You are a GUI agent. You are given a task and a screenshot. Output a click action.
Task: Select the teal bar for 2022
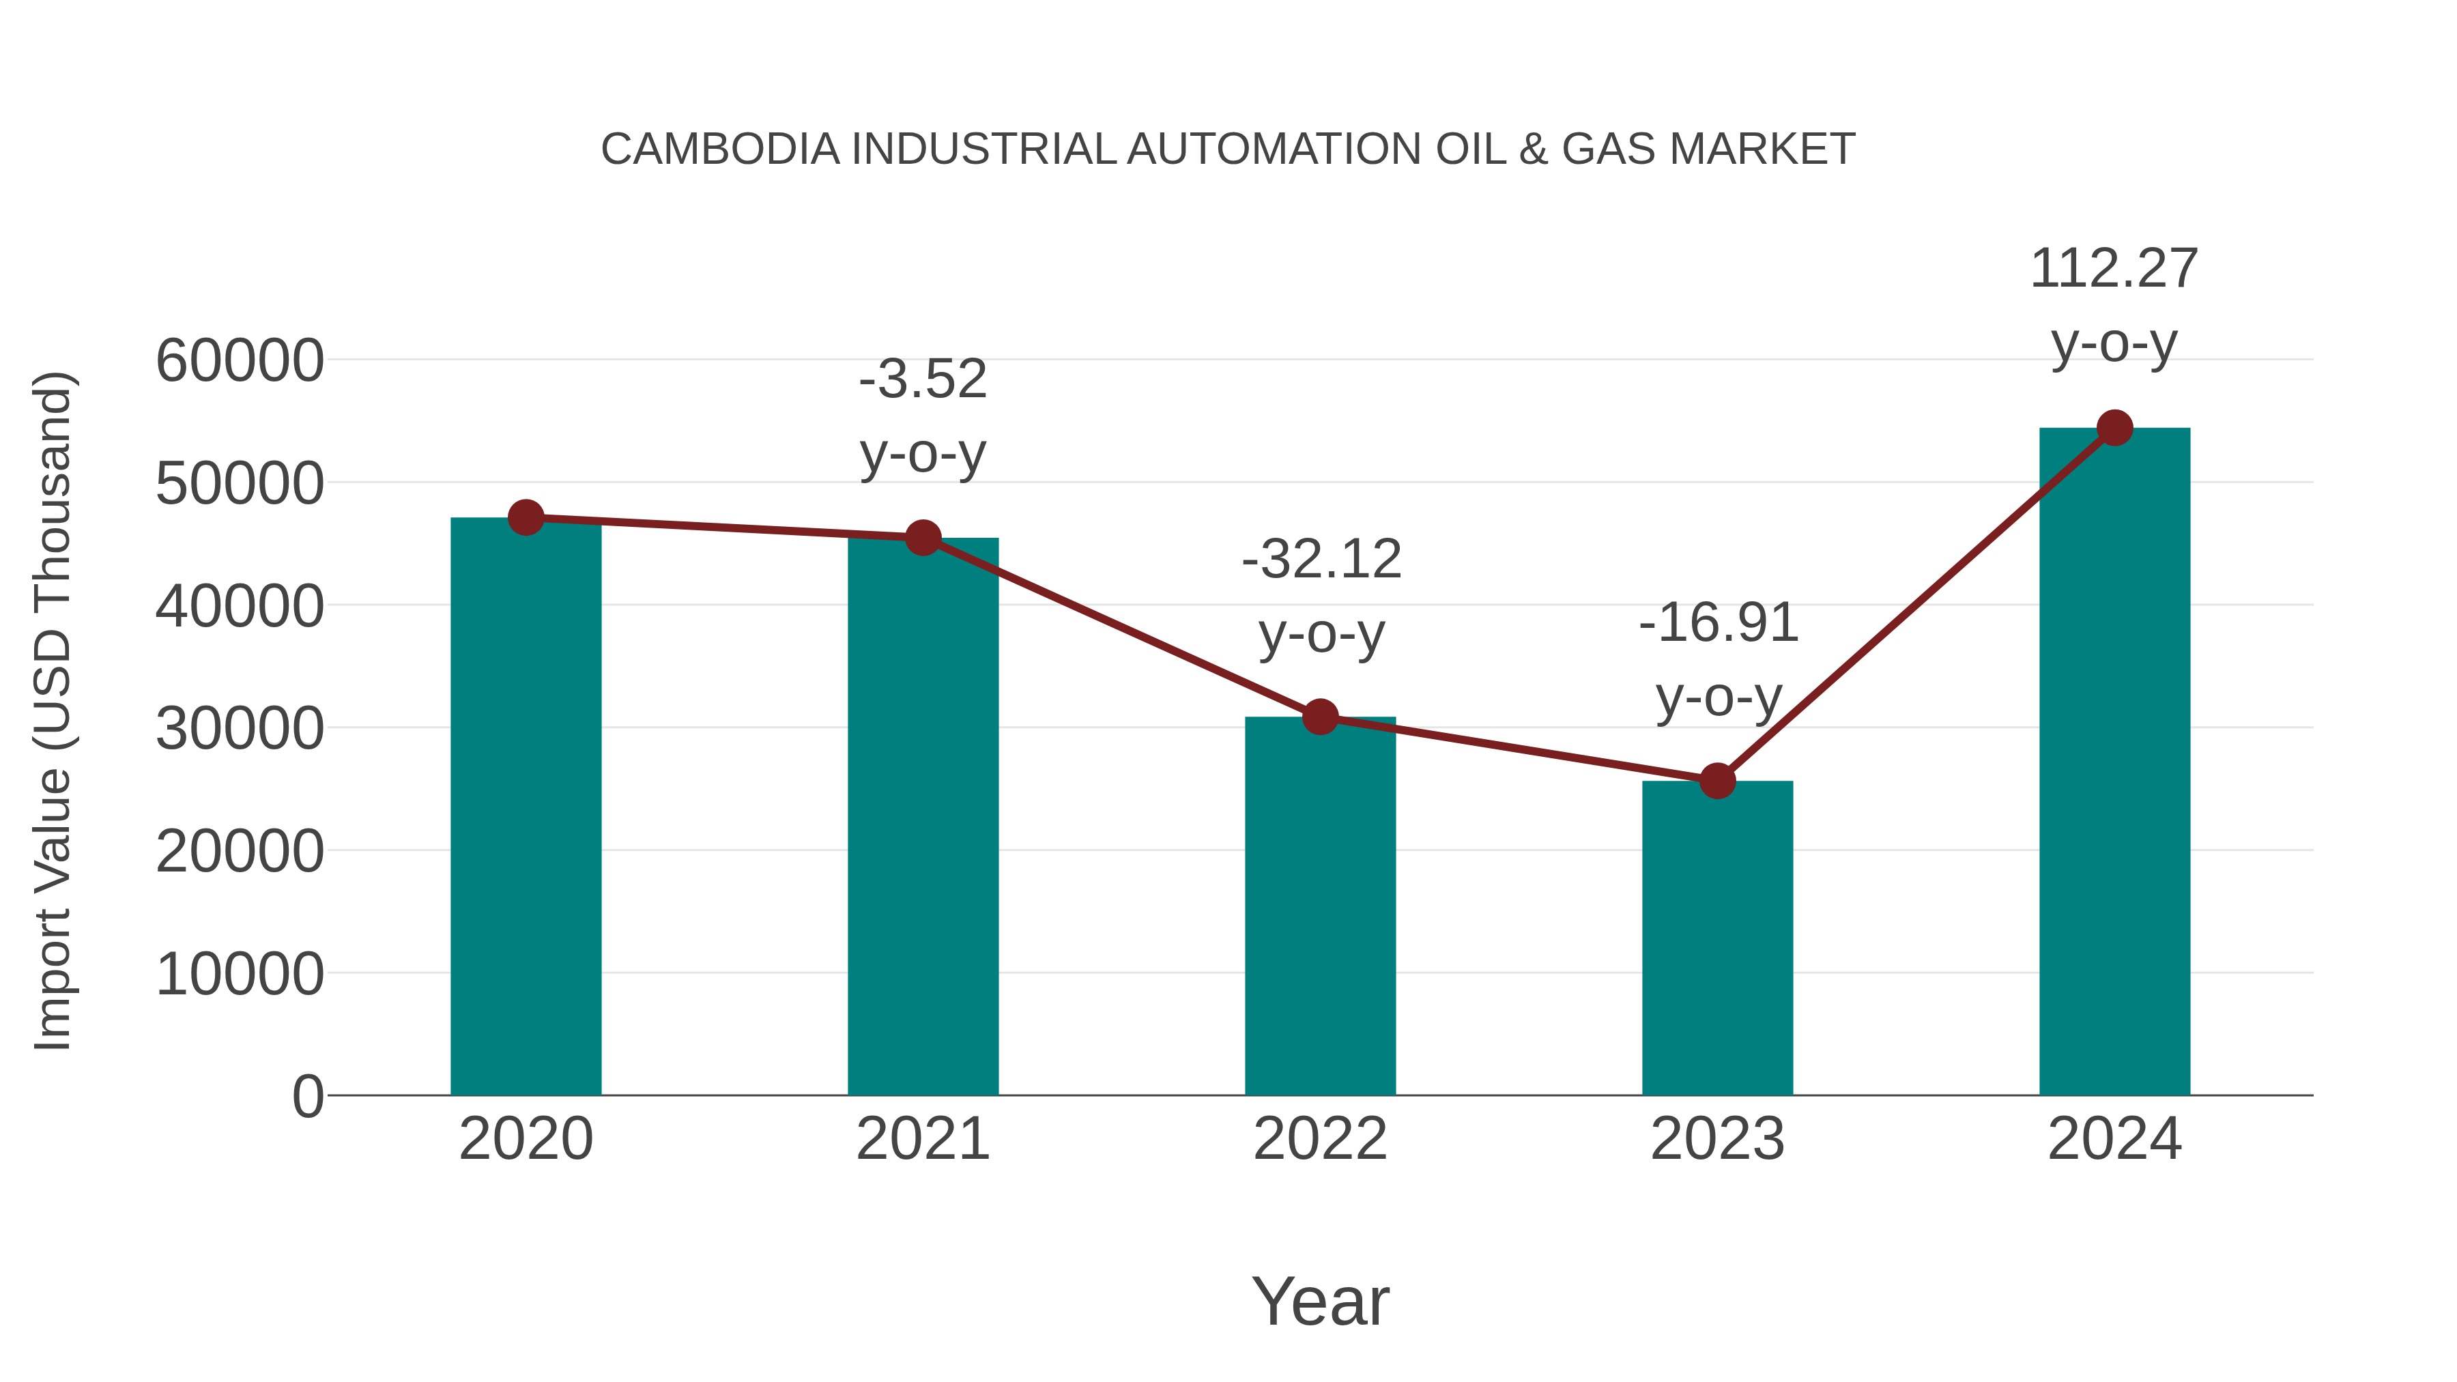(x=1320, y=906)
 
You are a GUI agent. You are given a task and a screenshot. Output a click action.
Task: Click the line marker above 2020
(x=526, y=518)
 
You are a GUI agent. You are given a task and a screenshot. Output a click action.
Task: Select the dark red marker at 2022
(x=1320, y=717)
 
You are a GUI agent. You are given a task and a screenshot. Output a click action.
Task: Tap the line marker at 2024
(x=2114, y=428)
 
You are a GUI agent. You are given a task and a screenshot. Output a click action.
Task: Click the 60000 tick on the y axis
(x=240, y=362)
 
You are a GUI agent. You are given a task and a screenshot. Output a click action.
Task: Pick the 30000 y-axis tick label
(x=240, y=730)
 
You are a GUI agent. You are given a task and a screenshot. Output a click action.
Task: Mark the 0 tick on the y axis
(x=307, y=1097)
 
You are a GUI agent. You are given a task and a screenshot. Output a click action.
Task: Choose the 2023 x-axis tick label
(x=1717, y=1139)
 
